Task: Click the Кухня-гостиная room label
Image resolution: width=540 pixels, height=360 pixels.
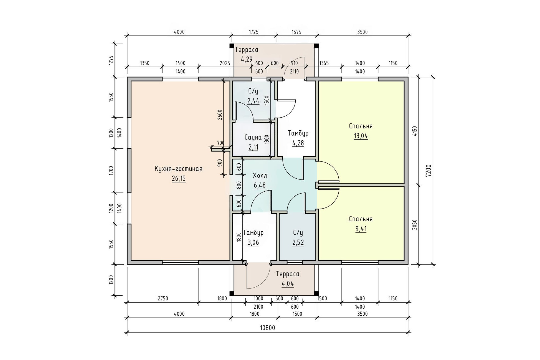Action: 179,169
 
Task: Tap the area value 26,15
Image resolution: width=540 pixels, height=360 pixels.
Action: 179,179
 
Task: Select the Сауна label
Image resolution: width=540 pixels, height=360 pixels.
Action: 253,137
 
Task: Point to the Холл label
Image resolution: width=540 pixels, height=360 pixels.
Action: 260,176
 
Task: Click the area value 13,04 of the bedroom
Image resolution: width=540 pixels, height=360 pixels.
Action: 361,136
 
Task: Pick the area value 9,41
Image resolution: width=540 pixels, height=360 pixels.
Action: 361,229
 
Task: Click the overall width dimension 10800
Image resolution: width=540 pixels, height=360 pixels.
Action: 267,328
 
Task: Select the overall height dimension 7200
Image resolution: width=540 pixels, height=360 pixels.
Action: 429,171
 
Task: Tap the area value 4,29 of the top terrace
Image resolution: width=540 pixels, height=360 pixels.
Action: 247,59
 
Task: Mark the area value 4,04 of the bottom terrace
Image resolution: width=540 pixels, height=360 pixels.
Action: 288,284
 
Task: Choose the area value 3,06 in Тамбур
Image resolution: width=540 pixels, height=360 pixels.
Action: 253,243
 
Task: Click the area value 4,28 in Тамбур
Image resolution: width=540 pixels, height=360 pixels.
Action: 298,143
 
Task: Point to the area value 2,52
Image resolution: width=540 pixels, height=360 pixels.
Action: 298,243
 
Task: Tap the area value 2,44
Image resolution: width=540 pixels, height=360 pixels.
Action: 253,101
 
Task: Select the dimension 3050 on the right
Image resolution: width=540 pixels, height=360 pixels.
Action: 415,225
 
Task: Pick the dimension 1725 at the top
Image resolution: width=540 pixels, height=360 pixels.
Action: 253,32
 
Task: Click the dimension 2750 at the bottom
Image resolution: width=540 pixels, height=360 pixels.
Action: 163,298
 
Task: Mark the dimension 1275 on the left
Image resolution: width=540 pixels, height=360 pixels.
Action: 111,61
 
